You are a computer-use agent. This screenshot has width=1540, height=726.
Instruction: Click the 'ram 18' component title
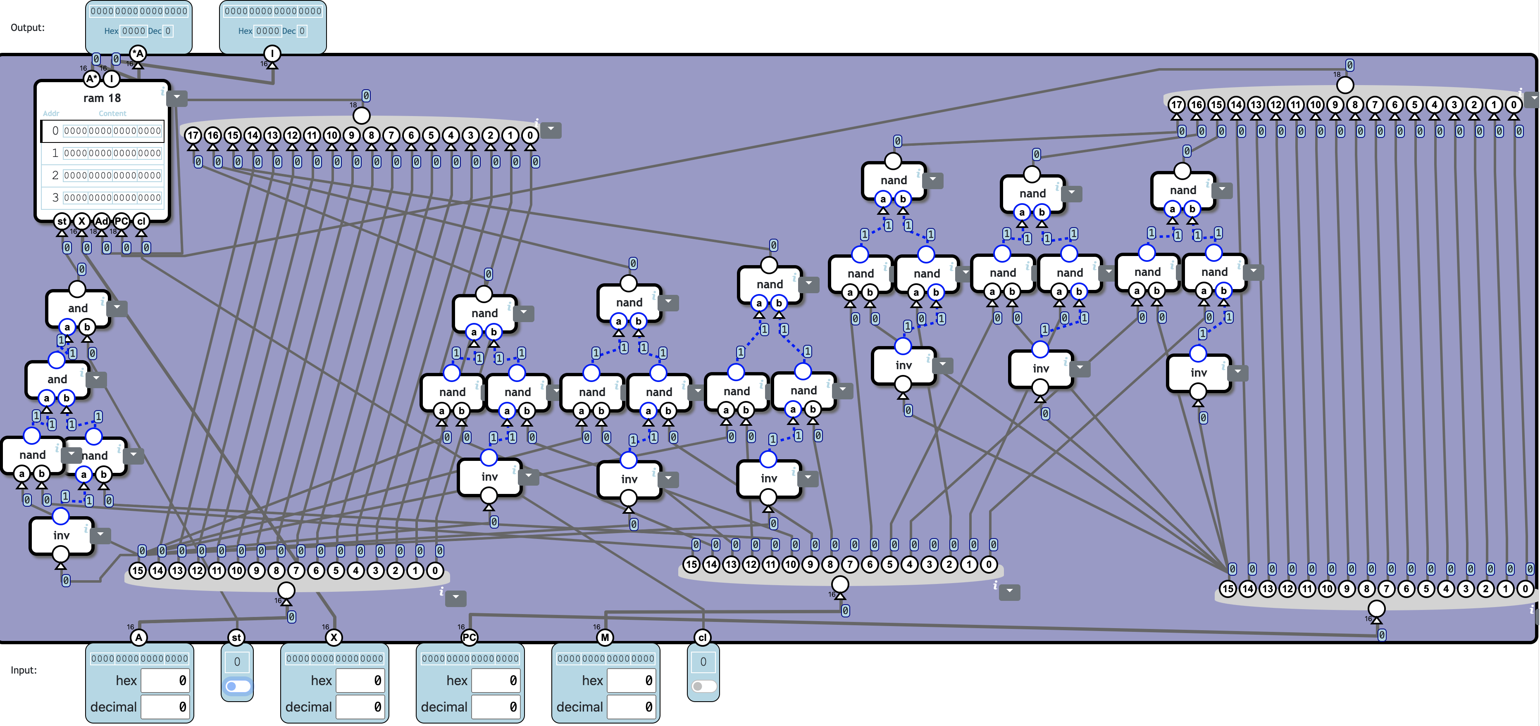102,98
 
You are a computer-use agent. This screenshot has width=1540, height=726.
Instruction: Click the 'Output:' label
28,28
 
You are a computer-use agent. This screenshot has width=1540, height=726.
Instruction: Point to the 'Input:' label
24,670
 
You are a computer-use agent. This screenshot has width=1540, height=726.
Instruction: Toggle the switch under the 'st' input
237,686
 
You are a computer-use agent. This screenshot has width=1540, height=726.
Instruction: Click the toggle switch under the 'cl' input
703,686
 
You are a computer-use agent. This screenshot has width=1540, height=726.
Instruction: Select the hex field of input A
165,681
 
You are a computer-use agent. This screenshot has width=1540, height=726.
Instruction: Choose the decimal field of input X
360,707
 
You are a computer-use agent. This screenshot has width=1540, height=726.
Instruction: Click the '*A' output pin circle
138,53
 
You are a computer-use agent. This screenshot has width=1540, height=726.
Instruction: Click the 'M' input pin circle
605,638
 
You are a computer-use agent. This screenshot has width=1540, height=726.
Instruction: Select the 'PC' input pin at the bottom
469,638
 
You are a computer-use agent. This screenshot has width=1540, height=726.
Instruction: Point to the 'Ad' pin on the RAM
102,221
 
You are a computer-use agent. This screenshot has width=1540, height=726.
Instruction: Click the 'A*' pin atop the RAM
91,79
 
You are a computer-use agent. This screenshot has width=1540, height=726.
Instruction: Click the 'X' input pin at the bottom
334,638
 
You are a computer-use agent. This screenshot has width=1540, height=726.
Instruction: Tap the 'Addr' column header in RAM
51,114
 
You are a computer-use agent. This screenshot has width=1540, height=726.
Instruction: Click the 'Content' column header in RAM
112,114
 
